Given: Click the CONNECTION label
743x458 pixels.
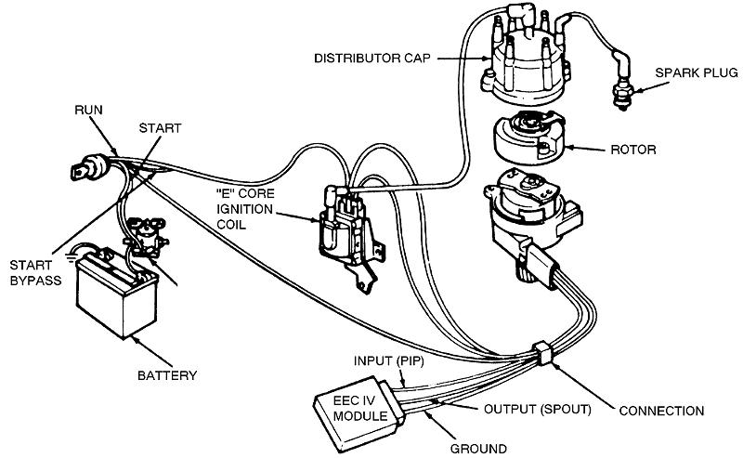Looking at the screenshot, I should tap(662, 410).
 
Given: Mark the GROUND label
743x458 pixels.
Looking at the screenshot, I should tap(478, 447).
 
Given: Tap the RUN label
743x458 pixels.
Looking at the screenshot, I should tap(89, 110).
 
